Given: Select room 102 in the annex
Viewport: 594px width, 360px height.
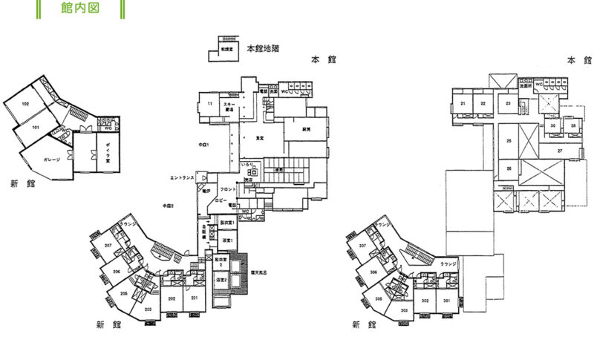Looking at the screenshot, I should click(x=25, y=104).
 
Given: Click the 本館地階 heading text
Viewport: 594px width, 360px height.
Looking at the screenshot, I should click(x=263, y=48).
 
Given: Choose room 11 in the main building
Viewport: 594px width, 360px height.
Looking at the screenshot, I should click(x=210, y=103).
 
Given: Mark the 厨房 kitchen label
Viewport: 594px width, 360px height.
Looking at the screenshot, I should click(x=305, y=129).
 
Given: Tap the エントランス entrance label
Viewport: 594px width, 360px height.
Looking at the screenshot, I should click(x=182, y=178).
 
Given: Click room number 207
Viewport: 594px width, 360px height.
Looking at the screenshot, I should click(x=108, y=246).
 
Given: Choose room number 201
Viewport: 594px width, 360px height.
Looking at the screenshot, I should click(x=195, y=298).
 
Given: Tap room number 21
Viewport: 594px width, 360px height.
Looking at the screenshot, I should click(x=463, y=103).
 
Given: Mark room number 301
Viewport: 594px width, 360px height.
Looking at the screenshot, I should click(x=447, y=301).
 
